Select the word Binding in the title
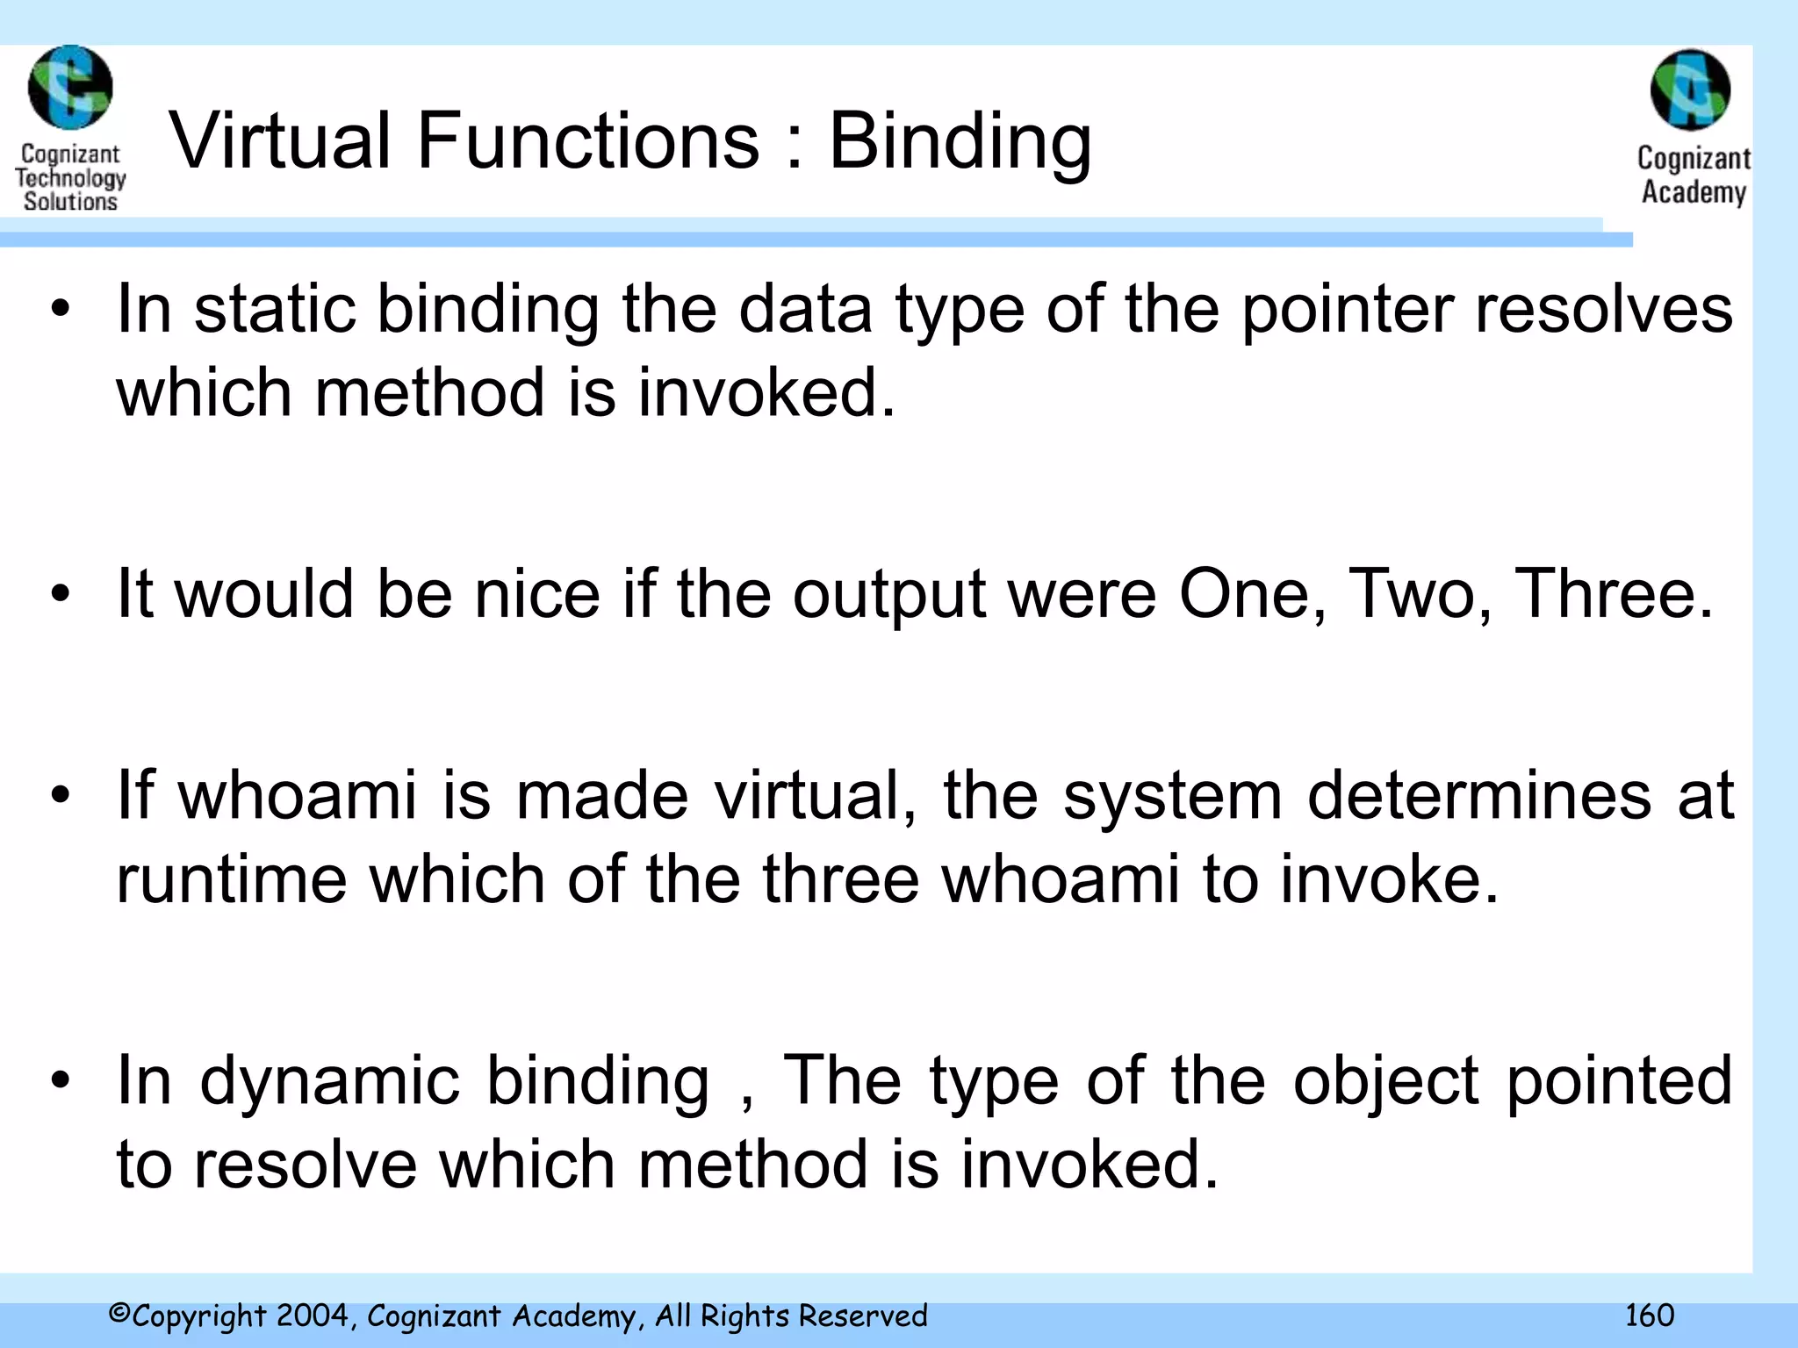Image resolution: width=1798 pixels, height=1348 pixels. [x=960, y=142]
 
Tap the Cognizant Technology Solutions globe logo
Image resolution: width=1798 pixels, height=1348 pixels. [x=70, y=87]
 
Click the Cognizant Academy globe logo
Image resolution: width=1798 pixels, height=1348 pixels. [x=1690, y=90]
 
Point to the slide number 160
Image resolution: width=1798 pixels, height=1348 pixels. [x=1649, y=1316]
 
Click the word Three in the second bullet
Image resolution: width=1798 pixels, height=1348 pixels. [x=1614, y=594]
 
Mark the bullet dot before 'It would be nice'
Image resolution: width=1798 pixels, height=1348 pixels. [x=60, y=596]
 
